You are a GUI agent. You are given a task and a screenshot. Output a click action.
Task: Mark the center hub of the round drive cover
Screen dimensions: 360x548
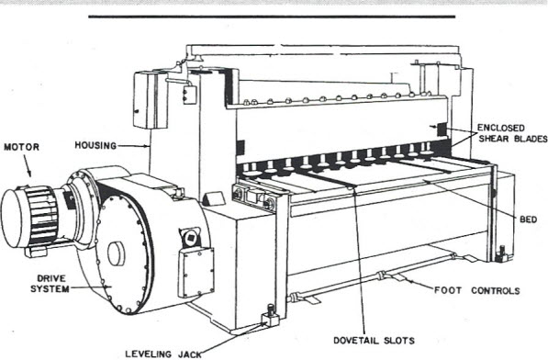(115, 254)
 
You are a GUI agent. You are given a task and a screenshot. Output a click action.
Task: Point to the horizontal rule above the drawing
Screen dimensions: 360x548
(272, 17)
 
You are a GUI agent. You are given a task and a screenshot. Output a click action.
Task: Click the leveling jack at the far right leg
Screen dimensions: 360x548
(500, 251)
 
